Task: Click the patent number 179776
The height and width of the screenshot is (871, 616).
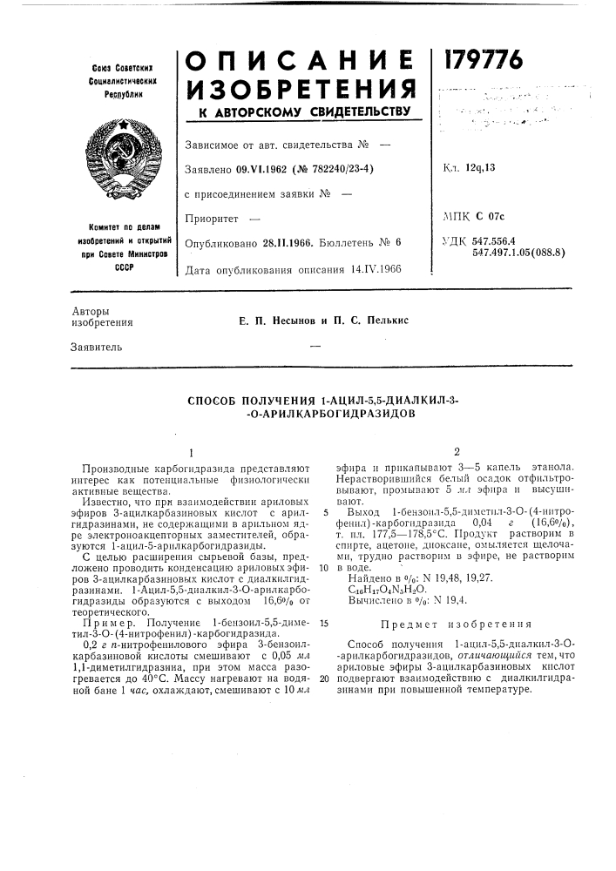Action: (x=485, y=60)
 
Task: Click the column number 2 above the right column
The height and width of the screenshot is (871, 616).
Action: (x=456, y=452)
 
